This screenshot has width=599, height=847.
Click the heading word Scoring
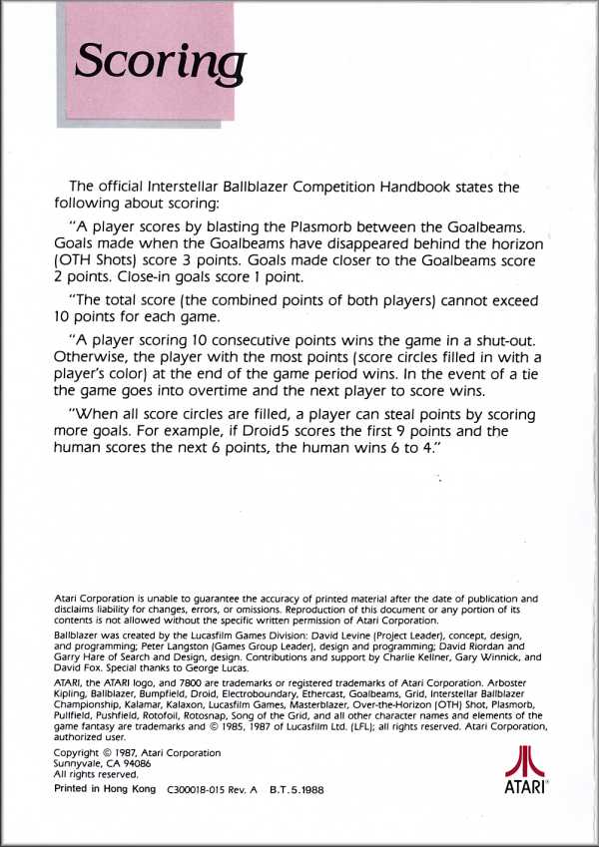point(161,63)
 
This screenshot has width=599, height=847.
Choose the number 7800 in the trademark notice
point(161,682)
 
